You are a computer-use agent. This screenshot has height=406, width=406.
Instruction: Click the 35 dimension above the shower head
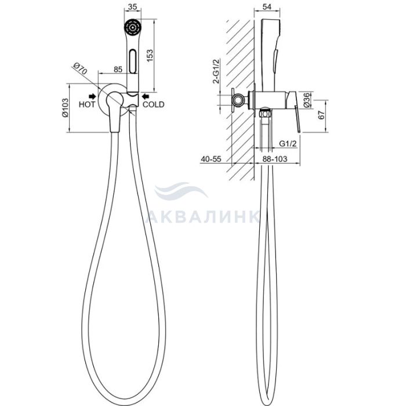click(x=133, y=7)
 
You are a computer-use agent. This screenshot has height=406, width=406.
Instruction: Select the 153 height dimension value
click(x=150, y=56)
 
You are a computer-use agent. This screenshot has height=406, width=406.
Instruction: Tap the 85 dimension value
click(x=118, y=70)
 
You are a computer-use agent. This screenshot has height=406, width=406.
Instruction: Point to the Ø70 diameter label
click(x=80, y=68)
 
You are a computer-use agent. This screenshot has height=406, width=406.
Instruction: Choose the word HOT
click(x=87, y=104)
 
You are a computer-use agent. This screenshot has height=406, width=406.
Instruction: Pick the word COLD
click(x=154, y=104)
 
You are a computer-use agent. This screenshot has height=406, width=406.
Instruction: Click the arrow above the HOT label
click(x=92, y=97)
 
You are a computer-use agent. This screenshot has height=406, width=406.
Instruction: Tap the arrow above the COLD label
click(x=146, y=97)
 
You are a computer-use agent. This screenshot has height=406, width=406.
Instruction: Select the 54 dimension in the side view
click(x=267, y=7)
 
